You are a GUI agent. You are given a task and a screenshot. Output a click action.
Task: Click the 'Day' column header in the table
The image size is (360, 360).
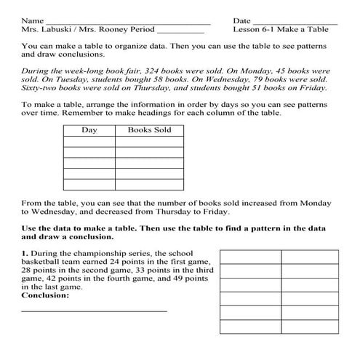(x=89, y=130)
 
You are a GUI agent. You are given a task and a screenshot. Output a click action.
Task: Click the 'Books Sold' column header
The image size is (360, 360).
(x=149, y=130)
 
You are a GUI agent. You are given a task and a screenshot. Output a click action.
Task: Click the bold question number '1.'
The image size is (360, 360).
(x=25, y=252)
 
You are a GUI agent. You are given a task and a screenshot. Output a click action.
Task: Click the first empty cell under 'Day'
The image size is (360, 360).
(x=89, y=142)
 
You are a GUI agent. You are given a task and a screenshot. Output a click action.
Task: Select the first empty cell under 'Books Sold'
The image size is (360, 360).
(x=149, y=142)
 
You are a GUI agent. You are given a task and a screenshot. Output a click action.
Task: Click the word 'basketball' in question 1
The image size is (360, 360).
(x=43, y=260)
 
